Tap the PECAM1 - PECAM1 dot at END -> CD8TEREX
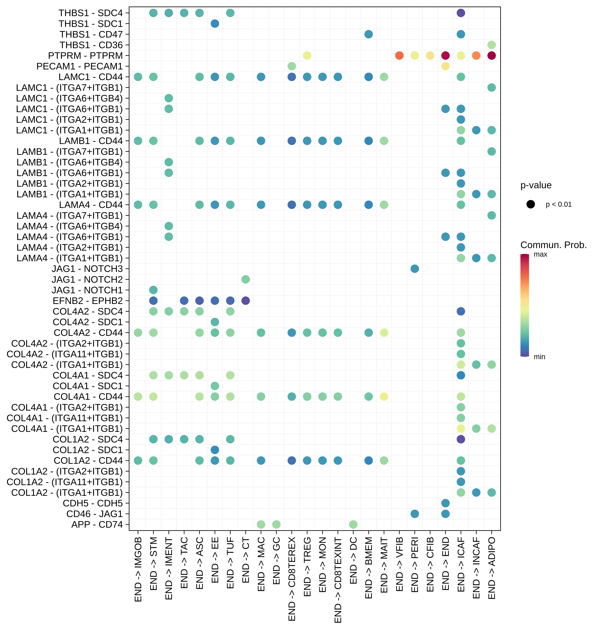(x=292, y=66)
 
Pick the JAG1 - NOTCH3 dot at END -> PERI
(x=415, y=269)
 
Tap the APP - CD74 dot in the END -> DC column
(x=353, y=524)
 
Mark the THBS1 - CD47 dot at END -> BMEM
(x=368, y=34)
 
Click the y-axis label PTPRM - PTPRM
(x=85, y=56)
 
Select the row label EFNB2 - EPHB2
(x=88, y=301)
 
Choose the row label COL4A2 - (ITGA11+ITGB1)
(x=65, y=354)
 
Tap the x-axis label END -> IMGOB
(x=138, y=569)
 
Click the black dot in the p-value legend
(x=531, y=204)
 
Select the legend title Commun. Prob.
(x=553, y=245)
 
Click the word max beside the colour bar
(x=541, y=255)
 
